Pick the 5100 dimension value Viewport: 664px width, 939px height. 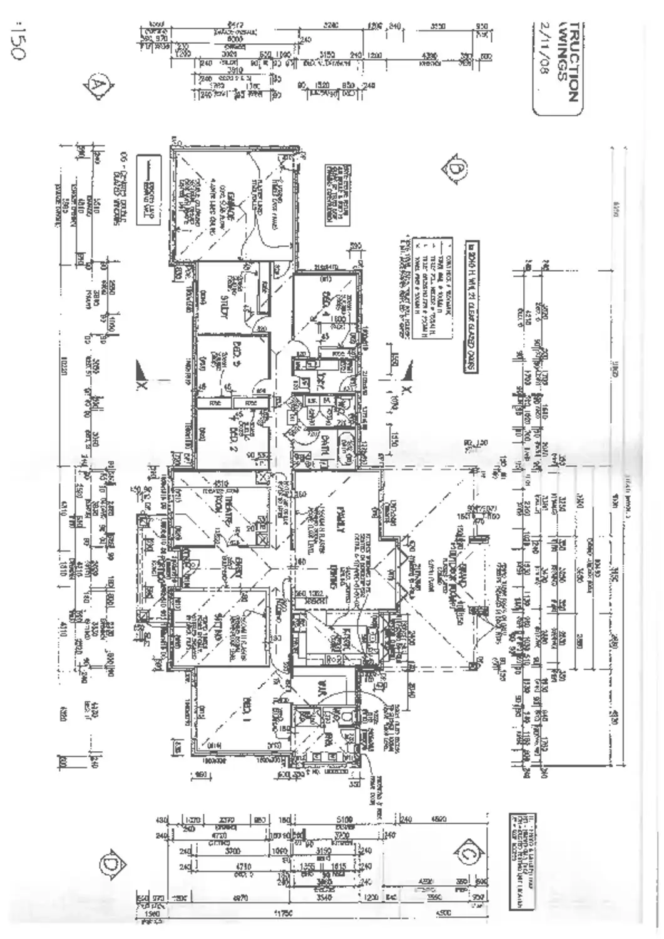(x=344, y=819)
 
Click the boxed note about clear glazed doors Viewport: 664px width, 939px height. (x=471, y=307)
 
